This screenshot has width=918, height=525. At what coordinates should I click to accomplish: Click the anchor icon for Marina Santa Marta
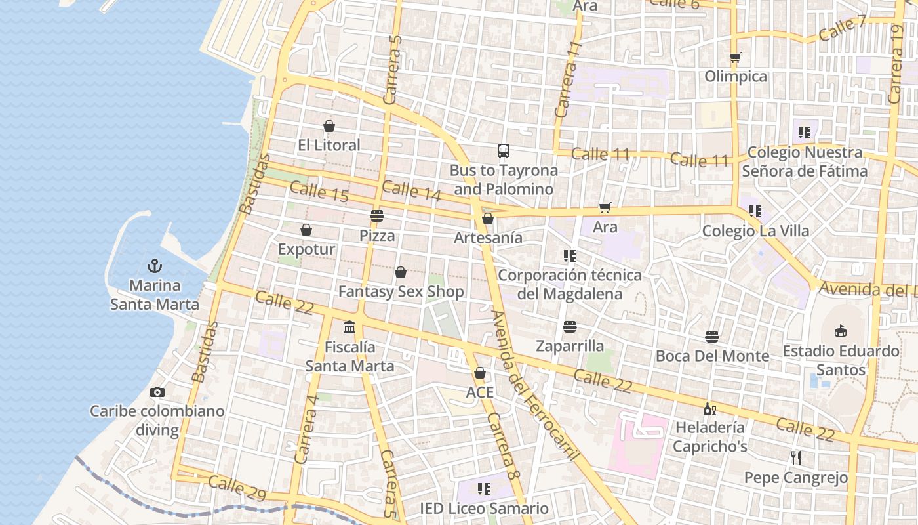pos(155,266)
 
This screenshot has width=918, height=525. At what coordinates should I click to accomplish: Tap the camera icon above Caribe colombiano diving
pos(157,392)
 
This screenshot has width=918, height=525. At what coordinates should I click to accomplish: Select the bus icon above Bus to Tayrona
pos(503,151)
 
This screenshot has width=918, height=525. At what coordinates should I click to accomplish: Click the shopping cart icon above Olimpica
pos(736,58)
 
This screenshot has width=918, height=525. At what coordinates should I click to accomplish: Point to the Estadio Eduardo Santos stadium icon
pos(841,331)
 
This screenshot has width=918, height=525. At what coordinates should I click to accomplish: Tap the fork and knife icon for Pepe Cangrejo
pos(796,457)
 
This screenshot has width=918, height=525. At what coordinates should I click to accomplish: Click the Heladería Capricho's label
pos(710,437)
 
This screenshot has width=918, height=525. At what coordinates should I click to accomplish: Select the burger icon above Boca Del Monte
pos(712,337)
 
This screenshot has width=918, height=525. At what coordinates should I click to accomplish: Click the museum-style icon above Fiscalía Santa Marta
pos(349,327)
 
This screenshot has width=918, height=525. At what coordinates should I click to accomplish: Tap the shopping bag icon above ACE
pos(480,373)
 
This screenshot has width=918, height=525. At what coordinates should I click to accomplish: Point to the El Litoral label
pos(329,145)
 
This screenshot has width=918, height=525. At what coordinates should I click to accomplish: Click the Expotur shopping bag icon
pos(306,230)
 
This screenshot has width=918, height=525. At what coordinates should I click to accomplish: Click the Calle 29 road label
pos(237,488)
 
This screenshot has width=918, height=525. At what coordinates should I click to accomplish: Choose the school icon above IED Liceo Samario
pos(484,488)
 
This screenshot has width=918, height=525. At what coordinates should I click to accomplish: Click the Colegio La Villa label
pos(755,231)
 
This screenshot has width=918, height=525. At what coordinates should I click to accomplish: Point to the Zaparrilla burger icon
pos(569,326)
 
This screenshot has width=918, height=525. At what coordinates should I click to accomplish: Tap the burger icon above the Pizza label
pos(376,215)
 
